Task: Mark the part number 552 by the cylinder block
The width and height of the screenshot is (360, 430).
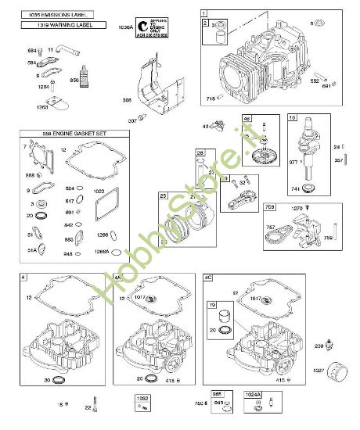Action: pos(316,81)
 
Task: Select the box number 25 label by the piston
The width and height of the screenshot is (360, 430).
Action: pos(164,195)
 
